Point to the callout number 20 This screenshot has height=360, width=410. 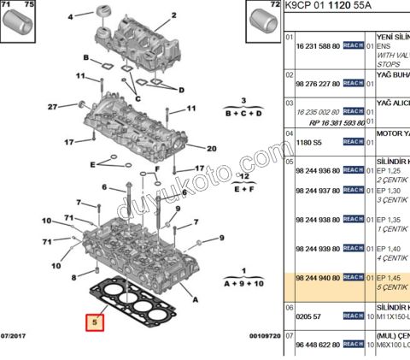211,148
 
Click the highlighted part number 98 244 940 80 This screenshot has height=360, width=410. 318,278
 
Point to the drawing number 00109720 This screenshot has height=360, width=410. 264,336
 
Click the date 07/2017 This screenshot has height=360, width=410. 15,336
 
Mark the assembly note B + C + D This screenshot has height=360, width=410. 243,112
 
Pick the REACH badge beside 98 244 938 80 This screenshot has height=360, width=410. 354,219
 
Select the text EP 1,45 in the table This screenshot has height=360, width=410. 390,278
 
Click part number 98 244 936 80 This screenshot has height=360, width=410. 318,170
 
